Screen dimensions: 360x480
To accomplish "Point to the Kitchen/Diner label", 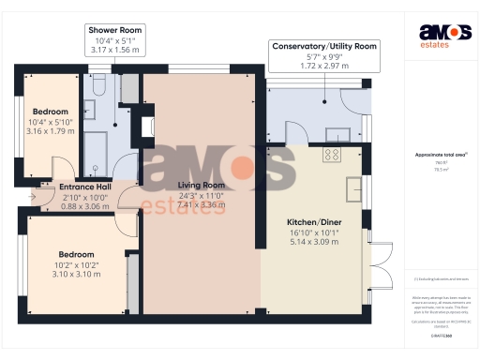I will point(314,222).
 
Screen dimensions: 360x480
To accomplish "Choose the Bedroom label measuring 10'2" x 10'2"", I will point(77,254).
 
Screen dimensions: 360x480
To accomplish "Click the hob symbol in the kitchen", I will point(332,154).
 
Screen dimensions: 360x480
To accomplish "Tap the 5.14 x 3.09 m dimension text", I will point(314,242).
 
